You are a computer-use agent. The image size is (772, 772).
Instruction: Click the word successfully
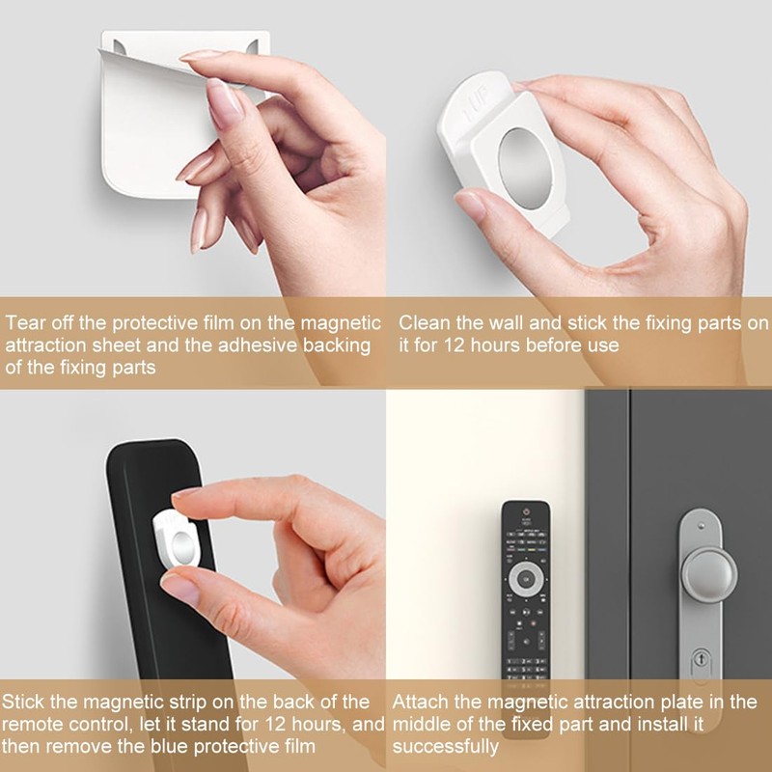[x=446, y=746]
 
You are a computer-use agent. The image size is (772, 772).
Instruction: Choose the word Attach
[x=419, y=702]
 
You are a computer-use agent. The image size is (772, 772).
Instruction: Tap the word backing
[x=332, y=345]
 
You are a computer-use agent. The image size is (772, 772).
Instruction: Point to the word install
[x=654, y=724]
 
